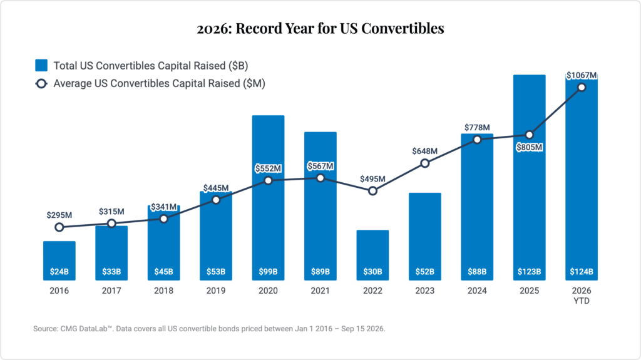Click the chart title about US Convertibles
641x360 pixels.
(x=320, y=28)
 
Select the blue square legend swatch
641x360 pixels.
(x=41, y=66)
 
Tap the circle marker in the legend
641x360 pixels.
(x=41, y=83)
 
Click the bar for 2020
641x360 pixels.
(x=268, y=198)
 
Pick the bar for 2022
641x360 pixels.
(x=372, y=255)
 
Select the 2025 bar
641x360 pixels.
(x=530, y=178)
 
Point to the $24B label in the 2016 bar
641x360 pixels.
(x=59, y=272)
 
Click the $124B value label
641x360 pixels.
(x=582, y=272)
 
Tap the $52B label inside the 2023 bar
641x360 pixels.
(x=425, y=272)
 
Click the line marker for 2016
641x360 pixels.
(x=59, y=227)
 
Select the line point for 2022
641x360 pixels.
(x=372, y=191)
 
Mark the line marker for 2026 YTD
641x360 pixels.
(x=582, y=88)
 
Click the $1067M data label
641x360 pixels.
(x=582, y=75)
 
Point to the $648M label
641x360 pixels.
(x=425, y=152)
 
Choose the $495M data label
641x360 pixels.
(x=372, y=179)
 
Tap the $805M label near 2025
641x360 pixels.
(x=530, y=147)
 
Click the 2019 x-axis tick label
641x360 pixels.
(x=216, y=291)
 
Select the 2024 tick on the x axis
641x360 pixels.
(x=477, y=291)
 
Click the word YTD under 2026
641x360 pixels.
(x=582, y=301)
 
